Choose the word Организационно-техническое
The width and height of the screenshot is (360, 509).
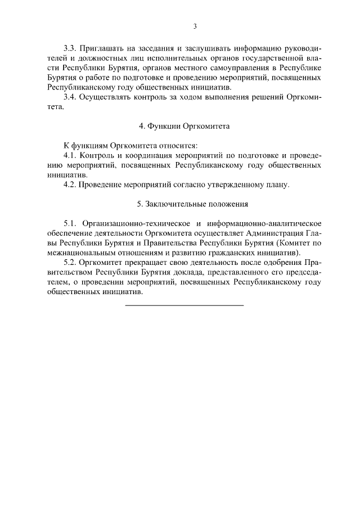[132, 224]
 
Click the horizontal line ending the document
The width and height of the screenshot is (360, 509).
[184, 305]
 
